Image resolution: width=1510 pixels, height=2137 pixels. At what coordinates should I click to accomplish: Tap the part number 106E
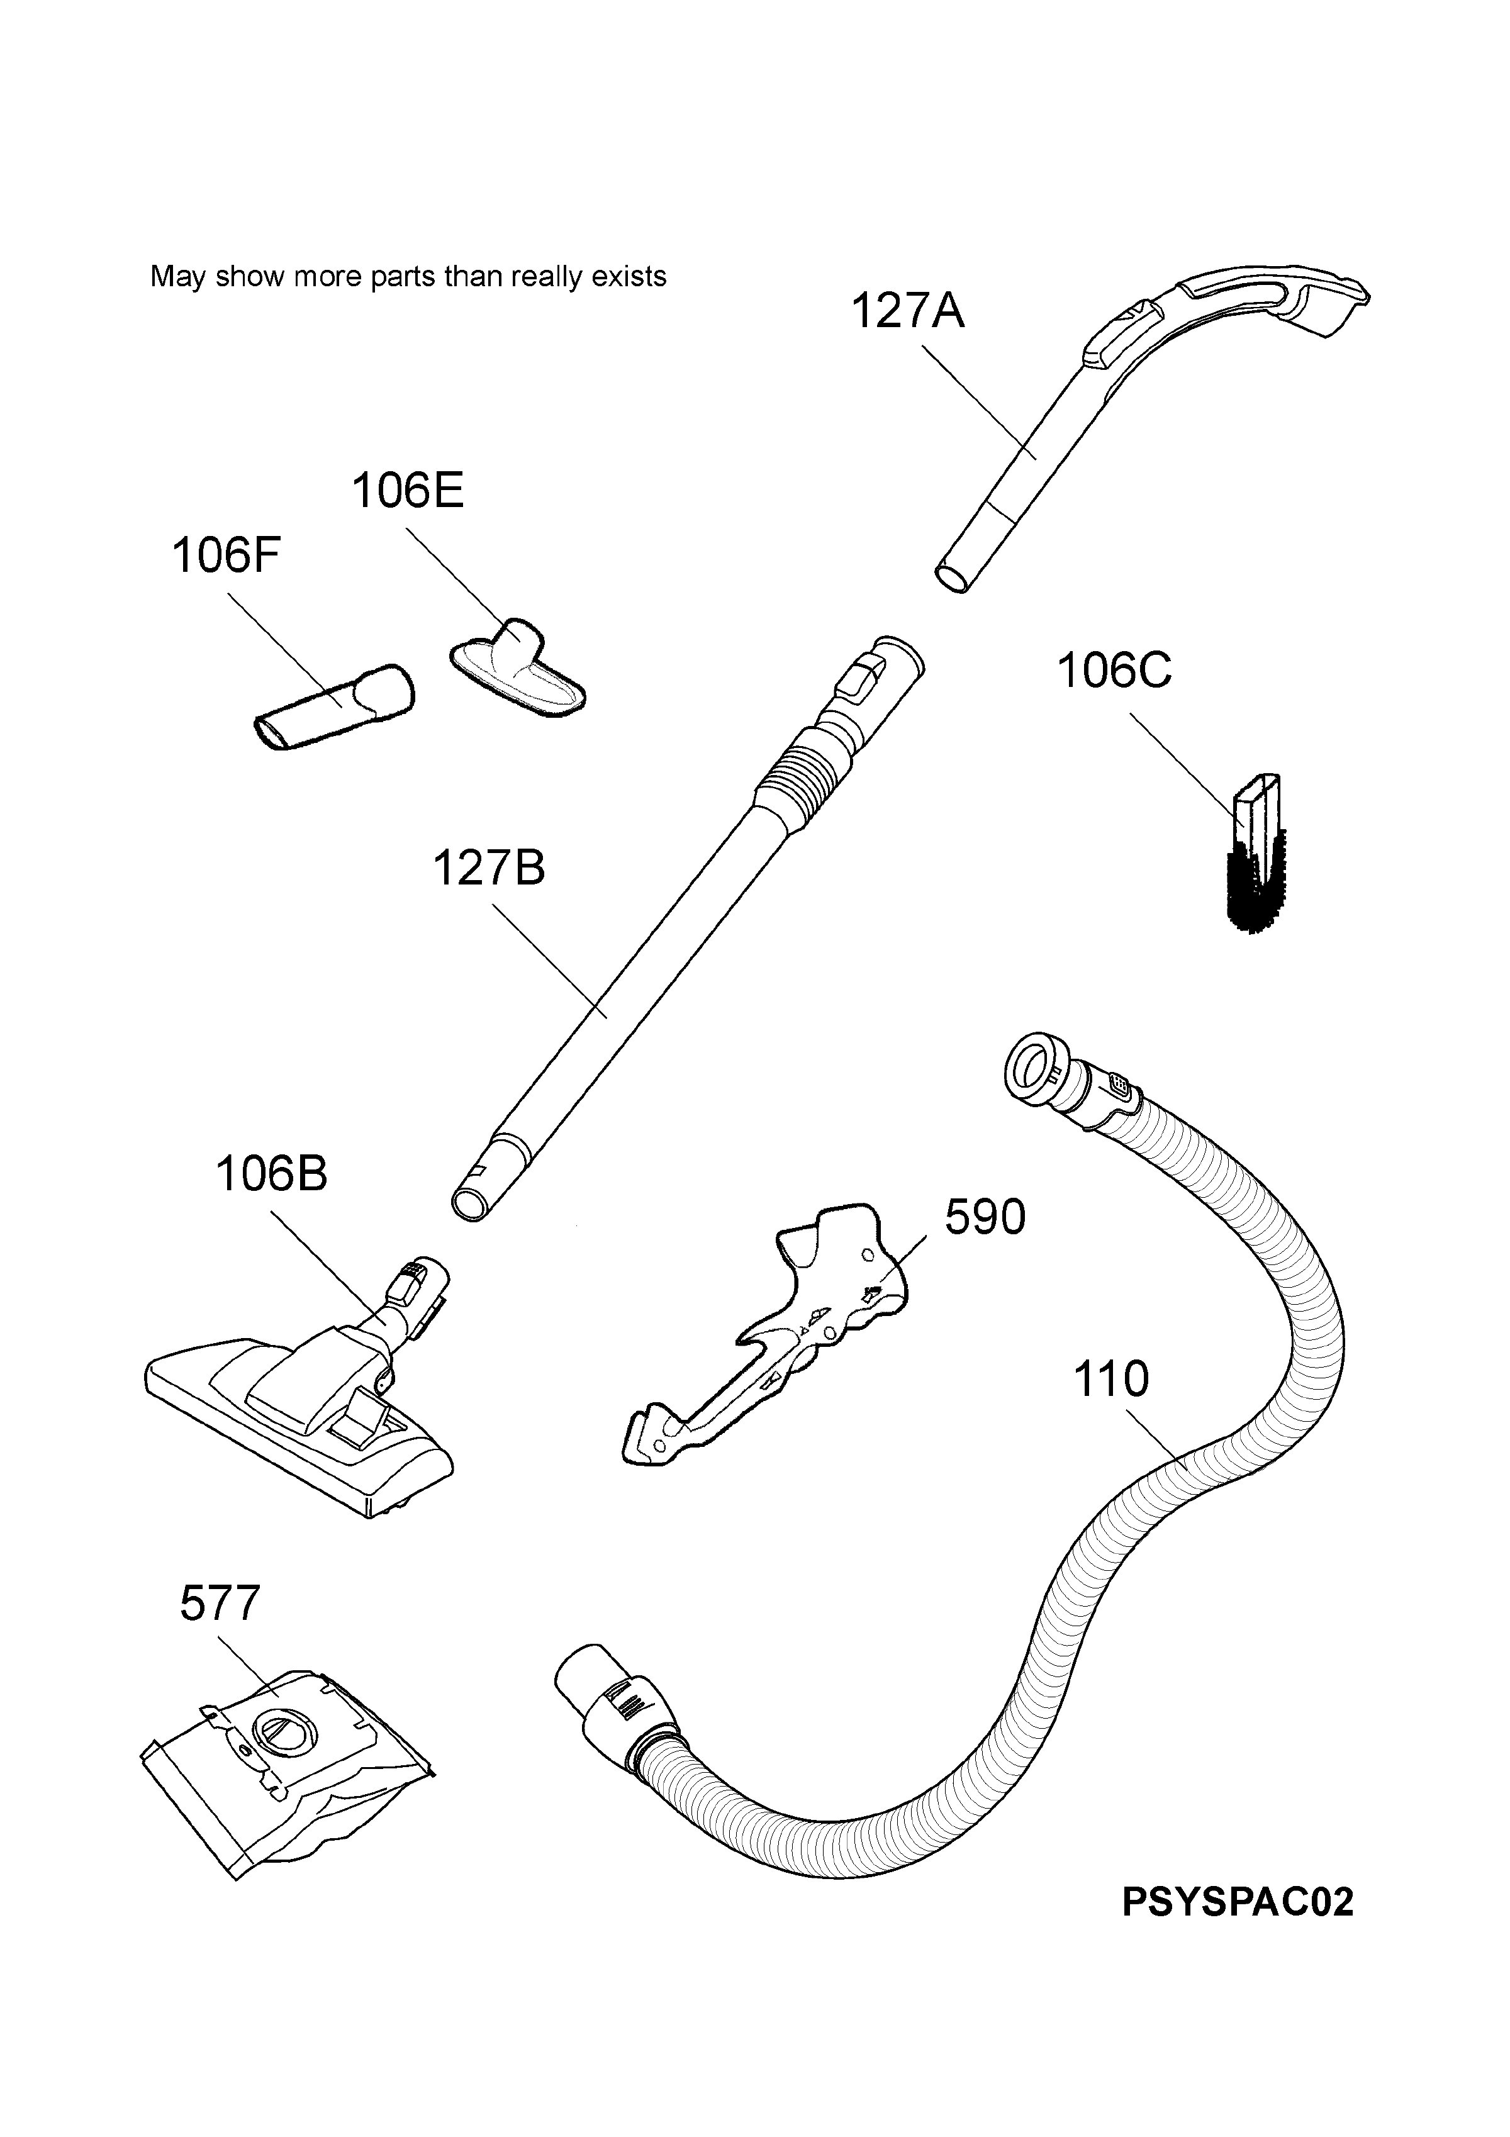point(407,491)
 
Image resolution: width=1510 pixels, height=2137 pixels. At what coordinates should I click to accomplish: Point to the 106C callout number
point(1114,670)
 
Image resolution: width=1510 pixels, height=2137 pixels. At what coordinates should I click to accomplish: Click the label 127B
point(489,868)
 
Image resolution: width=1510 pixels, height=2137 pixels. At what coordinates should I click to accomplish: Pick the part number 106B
point(271,1174)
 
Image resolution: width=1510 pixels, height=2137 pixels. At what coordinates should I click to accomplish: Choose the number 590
point(985,1217)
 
